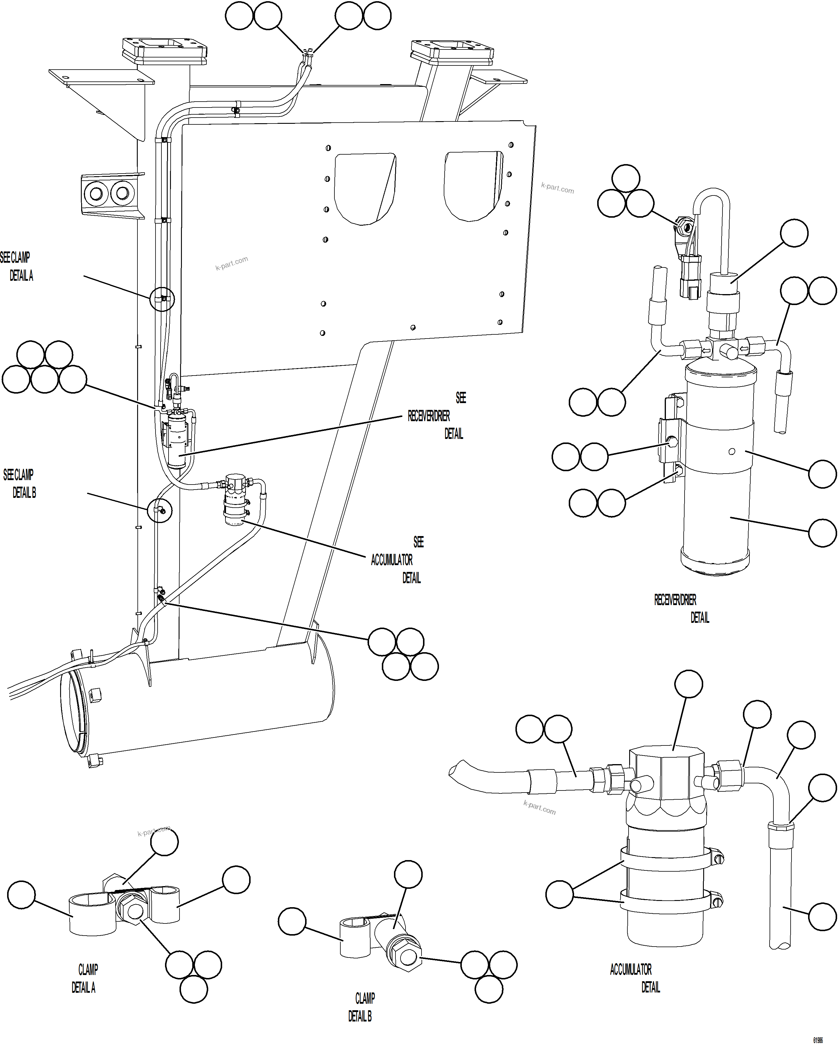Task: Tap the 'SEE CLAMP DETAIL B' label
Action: tap(19, 483)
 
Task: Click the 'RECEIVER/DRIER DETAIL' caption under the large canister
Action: tap(681, 609)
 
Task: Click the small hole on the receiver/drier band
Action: tap(732, 452)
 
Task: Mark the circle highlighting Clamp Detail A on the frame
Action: tap(162, 299)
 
